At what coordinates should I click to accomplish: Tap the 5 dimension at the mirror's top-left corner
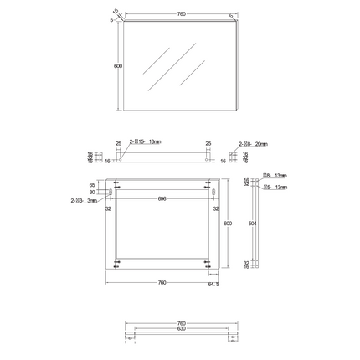111,21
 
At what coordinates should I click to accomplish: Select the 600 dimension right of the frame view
226,224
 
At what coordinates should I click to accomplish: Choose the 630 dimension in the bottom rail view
181,328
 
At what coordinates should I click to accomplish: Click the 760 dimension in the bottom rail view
181,322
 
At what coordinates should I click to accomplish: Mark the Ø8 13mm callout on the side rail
275,176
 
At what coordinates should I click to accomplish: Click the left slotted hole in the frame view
109,193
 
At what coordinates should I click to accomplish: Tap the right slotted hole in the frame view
216,193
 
